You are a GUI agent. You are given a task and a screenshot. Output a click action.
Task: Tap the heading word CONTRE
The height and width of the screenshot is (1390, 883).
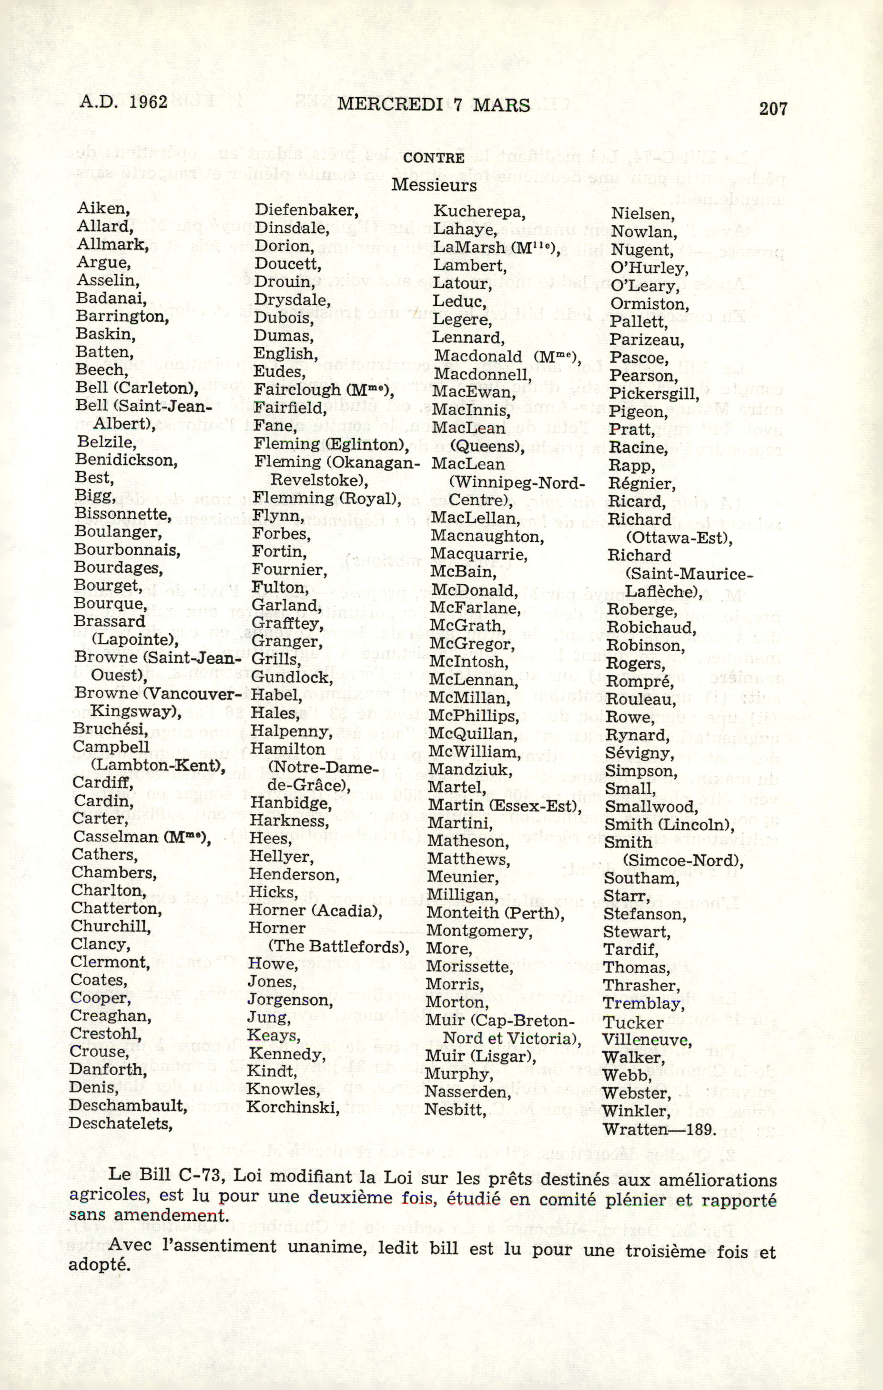434,158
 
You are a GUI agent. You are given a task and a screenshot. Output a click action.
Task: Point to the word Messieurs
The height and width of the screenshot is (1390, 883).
434,185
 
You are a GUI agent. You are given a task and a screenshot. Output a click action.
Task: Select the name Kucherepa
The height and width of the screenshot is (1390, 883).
479,212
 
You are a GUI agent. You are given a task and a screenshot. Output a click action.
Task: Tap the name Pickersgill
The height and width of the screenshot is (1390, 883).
654,394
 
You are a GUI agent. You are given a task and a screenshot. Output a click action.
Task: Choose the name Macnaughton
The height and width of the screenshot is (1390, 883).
487,537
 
